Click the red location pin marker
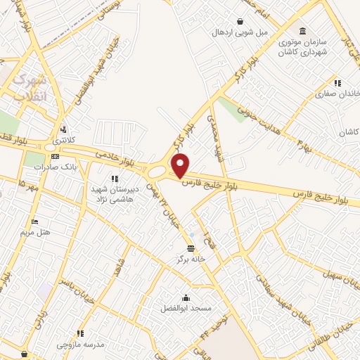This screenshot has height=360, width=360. [x=181, y=165]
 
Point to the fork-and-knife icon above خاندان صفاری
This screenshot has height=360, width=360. [x=338, y=82]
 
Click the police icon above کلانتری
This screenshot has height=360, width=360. [x=65, y=129]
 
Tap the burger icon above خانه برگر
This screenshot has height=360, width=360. [x=191, y=247]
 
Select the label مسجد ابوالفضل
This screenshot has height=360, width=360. [x=185, y=309]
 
